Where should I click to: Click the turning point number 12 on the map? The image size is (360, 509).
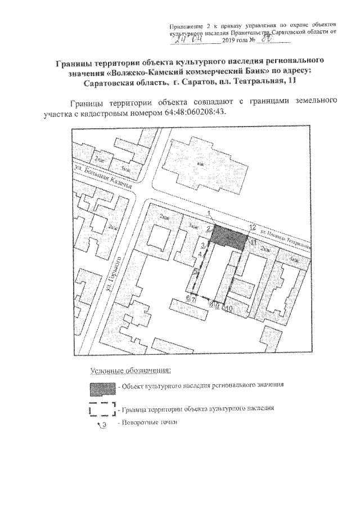coord(253,227)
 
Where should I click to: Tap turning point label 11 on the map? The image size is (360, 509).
coord(253,242)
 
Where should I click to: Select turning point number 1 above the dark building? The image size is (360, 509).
coord(209,213)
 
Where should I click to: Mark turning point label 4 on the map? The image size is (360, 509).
coord(201,255)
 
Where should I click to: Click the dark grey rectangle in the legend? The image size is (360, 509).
coord(102,388)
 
